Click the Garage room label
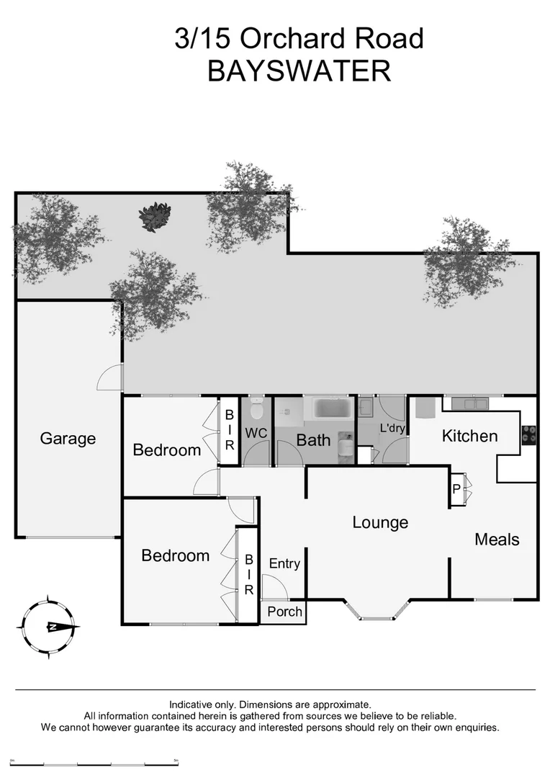(68, 438)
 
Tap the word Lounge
(380, 522)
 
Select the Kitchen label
(469, 436)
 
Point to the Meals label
(497, 539)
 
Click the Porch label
(284, 612)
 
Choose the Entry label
(284, 564)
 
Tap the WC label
(257, 434)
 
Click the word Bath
(313, 439)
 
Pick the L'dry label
(392, 429)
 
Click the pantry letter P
(456, 489)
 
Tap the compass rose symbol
(50, 627)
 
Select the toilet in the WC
(256, 412)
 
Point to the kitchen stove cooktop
(528, 434)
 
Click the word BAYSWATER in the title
(299, 71)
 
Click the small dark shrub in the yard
(155, 214)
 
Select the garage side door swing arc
(110, 378)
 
